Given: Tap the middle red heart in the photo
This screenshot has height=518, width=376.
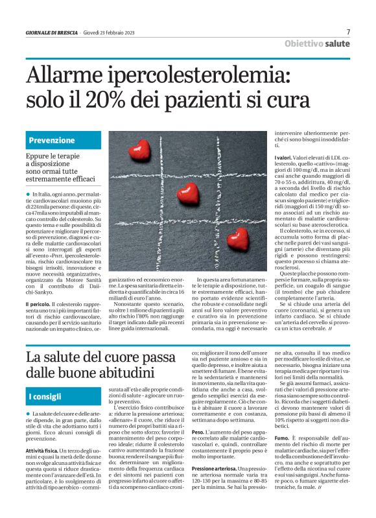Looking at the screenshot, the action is click(188, 192).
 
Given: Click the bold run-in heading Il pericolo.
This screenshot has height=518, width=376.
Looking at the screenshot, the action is click(38, 304).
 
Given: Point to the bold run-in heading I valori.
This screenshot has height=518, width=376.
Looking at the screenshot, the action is click(283, 158).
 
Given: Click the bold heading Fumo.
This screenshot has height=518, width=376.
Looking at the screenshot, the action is click(281, 456).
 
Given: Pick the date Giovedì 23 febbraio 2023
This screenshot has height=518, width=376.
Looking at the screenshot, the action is click(110, 32).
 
